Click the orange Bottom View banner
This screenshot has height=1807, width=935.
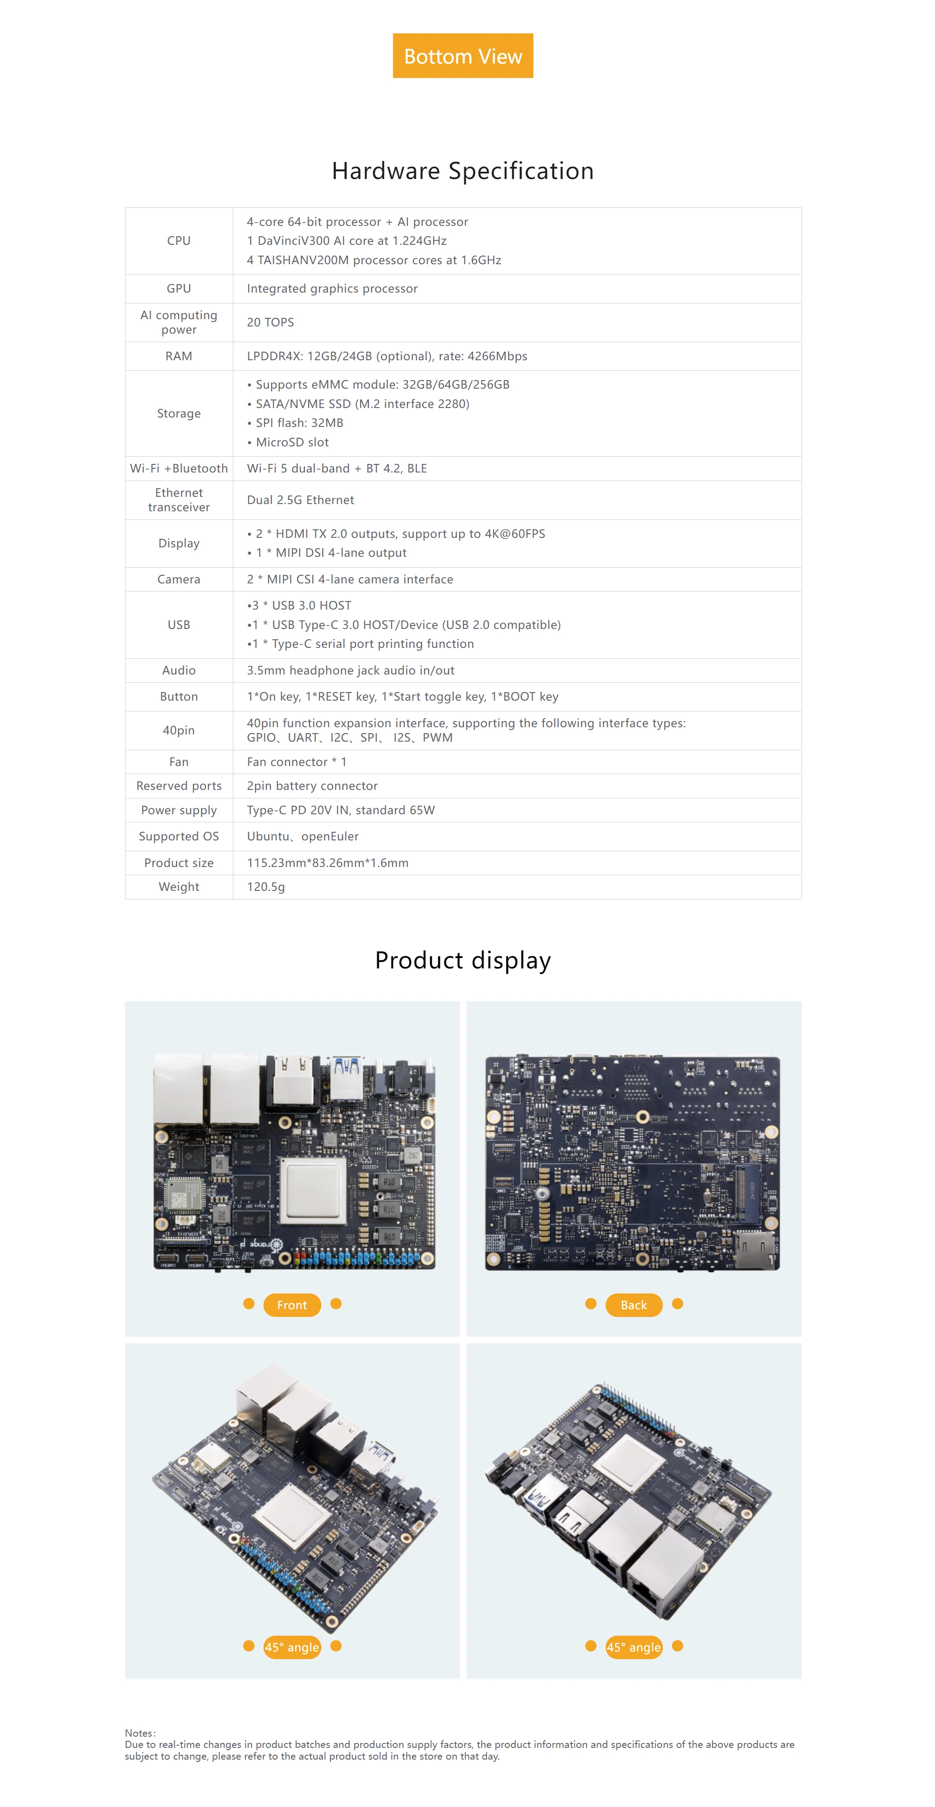pyautogui.click(x=463, y=56)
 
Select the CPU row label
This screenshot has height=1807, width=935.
pyautogui.click(x=178, y=241)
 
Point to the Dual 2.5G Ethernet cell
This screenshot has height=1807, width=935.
pyautogui.click(x=301, y=500)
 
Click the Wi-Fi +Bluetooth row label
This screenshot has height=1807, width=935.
pyautogui.click(x=178, y=468)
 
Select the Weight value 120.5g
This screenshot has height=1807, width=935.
pyautogui.click(x=266, y=887)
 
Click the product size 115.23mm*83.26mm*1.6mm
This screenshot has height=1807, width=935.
pyautogui.click(x=327, y=863)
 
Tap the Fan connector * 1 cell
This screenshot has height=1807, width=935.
pyautogui.click(x=296, y=762)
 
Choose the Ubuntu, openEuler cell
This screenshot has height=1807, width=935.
pyautogui.click(x=302, y=836)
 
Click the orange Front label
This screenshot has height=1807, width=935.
pyautogui.click(x=292, y=1305)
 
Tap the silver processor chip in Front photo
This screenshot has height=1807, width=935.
pyautogui.click(x=314, y=1190)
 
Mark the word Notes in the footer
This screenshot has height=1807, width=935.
pyautogui.click(x=139, y=1733)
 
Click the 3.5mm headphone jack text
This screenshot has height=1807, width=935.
pyautogui.click(x=350, y=670)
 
